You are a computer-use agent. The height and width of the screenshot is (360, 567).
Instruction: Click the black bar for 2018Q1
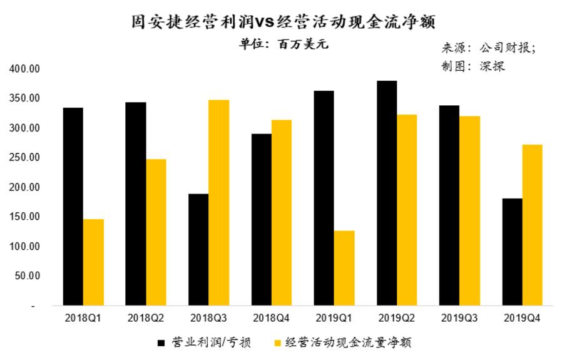pos(73,207)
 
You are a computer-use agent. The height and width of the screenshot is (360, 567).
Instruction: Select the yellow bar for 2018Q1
pos(93,262)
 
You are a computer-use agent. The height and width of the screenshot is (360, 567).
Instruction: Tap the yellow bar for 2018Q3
pos(219,203)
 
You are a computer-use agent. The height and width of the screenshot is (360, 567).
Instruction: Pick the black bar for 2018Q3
pos(198,250)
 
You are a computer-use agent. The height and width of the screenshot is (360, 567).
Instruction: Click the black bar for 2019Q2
pos(386,193)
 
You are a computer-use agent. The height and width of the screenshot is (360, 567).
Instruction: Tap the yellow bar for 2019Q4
pos(532,225)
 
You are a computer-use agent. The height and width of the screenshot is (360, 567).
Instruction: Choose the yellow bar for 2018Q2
pos(156,232)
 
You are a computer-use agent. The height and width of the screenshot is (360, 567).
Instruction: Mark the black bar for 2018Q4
pos(261,220)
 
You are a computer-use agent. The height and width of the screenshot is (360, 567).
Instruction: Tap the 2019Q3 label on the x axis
pos(459,318)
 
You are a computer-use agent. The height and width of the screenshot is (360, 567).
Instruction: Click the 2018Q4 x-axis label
pos(271,318)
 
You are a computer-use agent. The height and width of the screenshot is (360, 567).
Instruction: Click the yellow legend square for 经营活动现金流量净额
pos(277,343)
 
